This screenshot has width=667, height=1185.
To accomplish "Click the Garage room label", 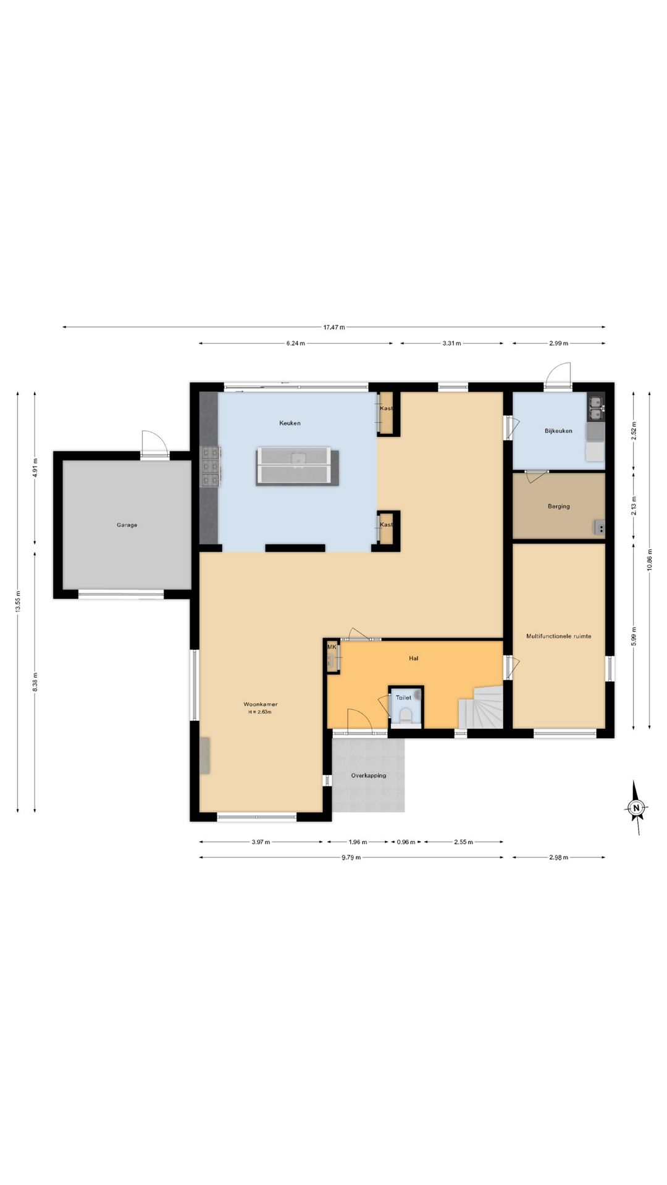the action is (x=127, y=525).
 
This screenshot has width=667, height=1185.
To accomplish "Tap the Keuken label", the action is (x=290, y=423).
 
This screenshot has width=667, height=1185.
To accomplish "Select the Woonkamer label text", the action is (x=260, y=704).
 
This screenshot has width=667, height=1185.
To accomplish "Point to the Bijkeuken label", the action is (x=558, y=431).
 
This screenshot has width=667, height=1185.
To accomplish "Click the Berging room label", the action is (x=559, y=507).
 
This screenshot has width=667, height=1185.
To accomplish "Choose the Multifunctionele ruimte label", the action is (x=559, y=636).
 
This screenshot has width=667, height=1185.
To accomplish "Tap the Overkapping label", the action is (x=369, y=776).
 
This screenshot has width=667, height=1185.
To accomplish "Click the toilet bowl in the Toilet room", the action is (x=406, y=716).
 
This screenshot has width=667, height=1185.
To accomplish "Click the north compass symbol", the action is (x=637, y=807).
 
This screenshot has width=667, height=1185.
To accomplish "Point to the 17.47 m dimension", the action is (x=334, y=327).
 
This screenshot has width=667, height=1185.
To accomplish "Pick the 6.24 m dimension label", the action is (x=295, y=343).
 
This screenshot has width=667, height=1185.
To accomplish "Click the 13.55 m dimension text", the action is (x=19, y=602).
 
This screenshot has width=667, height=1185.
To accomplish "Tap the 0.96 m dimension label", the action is (x=406, y=842).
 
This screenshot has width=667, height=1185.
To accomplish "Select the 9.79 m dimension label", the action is (x=351, y=857).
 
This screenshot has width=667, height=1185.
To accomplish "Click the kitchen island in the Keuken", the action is (x=298, y=466).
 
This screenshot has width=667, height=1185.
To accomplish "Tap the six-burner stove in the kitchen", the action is (x=211, y=466).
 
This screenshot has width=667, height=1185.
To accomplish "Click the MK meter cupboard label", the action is (x=332, y=647).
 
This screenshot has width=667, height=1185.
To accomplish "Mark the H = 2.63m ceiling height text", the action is (x=260, y=712).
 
